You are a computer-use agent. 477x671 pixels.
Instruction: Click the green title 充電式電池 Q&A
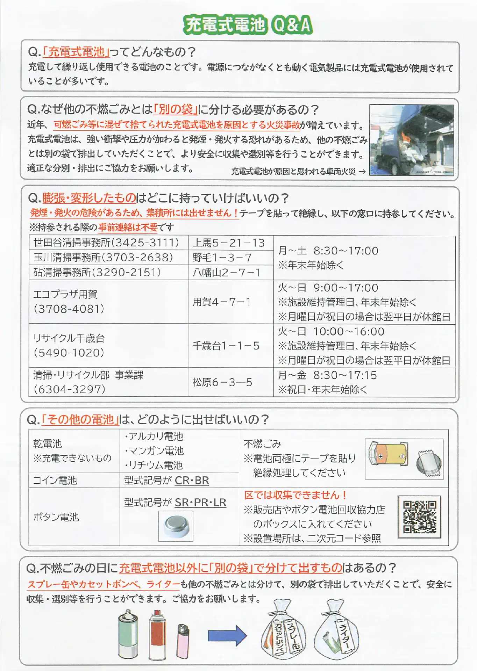248,25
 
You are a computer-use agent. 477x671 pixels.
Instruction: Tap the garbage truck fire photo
412,140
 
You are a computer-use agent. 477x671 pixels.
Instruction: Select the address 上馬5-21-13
229,243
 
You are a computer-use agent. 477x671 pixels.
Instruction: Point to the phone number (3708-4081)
69,309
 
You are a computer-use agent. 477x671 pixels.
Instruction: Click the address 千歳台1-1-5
226,346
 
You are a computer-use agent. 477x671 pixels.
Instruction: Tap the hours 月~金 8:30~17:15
327,375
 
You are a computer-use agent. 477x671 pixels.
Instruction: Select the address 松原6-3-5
222,382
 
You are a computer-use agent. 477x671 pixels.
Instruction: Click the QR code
420,517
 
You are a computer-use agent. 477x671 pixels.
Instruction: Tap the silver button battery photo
176,526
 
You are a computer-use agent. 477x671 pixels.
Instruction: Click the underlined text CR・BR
192,481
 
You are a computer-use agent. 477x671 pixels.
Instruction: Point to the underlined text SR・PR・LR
200,503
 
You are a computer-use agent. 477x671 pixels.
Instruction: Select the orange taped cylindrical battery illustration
389,455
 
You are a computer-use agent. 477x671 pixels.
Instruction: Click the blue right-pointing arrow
228,635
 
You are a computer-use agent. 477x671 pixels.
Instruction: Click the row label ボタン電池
56,517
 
